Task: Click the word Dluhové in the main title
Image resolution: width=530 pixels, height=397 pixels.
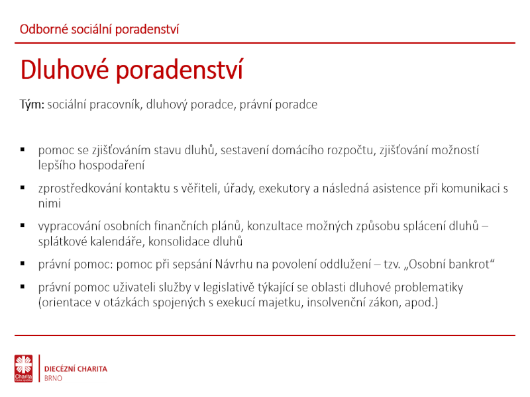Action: click(64, 69)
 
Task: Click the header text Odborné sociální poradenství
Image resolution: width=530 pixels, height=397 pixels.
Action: click(99, 29)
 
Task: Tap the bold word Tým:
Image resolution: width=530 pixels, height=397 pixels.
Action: click(32, 105)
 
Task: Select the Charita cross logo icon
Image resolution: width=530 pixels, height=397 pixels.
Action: click(24, 369)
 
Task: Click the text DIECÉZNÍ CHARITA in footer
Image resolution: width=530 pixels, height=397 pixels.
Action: click(76, 369)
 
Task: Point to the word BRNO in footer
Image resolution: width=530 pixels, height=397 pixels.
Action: click(54, 378)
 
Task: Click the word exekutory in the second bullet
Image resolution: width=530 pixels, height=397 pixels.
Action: click(284, 189)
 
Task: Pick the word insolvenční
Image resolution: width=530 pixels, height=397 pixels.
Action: click(337, 302)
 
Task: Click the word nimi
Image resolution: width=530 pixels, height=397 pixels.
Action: click(49, 204)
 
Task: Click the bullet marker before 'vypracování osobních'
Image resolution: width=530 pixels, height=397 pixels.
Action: click(23, 226)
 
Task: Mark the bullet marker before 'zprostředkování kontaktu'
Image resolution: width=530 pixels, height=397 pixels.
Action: click(23, 187)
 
